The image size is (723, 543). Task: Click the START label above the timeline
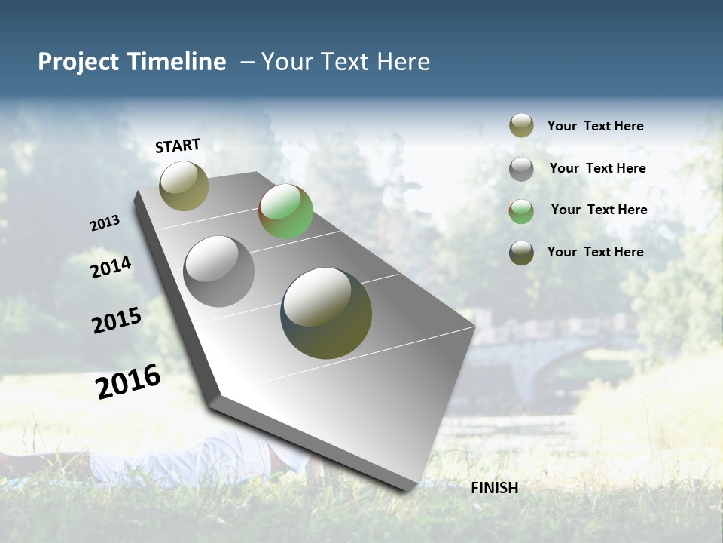178,145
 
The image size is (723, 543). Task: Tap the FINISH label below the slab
494,488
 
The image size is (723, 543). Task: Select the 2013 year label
105,222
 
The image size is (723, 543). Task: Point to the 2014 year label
111,267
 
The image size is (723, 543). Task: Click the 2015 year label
117,321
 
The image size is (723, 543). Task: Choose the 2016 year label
128,381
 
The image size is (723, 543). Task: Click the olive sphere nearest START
184,186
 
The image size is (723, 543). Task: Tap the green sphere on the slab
285,211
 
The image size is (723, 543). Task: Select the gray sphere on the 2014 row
219,271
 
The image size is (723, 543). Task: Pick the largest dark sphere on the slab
326,313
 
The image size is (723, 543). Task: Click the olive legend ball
521,125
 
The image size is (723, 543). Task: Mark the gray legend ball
521,168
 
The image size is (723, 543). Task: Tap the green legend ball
521,210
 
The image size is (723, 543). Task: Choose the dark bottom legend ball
521,252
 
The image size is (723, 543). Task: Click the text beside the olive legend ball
595,126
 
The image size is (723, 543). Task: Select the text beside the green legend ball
599,210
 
